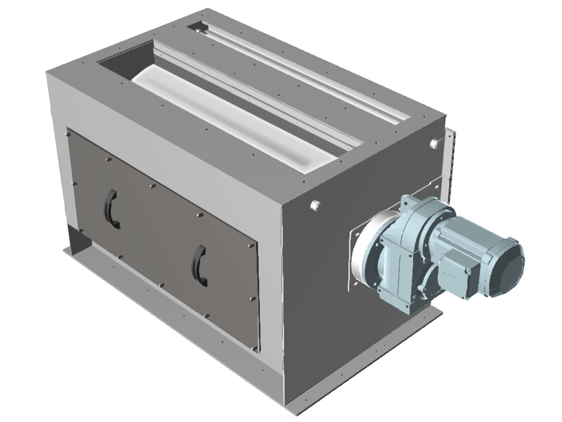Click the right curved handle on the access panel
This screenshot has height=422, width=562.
(199, 266)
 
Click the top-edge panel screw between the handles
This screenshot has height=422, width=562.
(152, 186)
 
